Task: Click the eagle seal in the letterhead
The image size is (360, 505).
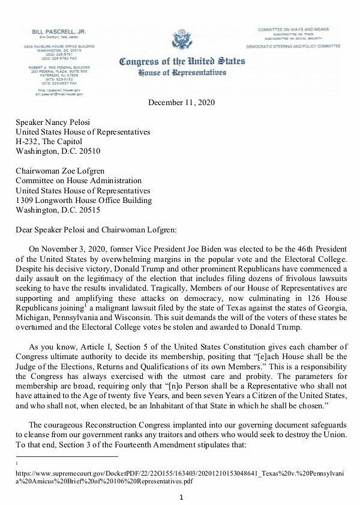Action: (182, 40)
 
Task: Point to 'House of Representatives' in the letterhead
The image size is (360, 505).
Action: (182, 73)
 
